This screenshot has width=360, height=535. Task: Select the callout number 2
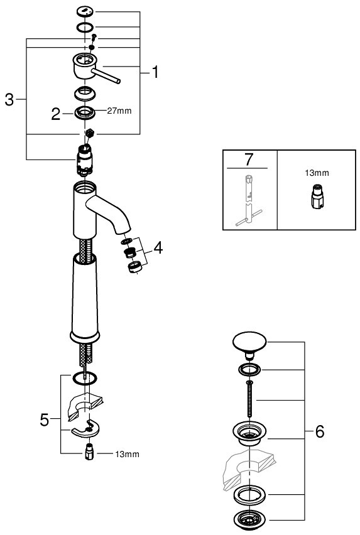tap(56, 114)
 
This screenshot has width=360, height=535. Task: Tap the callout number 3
tap(9, 100)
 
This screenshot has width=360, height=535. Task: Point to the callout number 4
tap(158, 248)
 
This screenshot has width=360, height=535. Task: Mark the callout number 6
tap(319, 431)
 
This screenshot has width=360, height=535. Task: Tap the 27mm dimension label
tap(119, 112)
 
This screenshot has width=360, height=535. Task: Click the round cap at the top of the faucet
tap(85, 11)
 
